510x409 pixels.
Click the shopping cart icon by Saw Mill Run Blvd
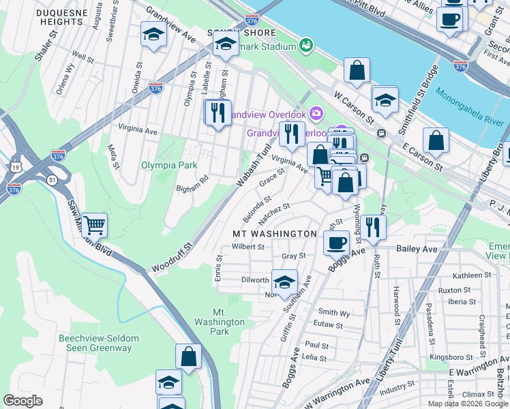pyautogui.click(x=94, y=224)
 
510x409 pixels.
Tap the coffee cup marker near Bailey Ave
pyautogui.click(x=335, y=243)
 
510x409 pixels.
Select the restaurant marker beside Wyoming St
pyautogui.click(x=372, y=226)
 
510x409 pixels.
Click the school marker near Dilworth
pyautogui.click(x=284, y=281)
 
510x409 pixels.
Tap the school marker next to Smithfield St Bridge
pyautogui.click(x=385, y=100)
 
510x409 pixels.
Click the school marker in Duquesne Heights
pyautogui.click(x=154, y=34)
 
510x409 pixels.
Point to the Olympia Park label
pyautogui.click(x=168, y=165)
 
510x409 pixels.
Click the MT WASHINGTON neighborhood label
pyautogui.click(x=275, y=234)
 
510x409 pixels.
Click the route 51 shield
pyautogui.click(x=53, y=179)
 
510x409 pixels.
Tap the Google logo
pyautogui.click(x=23, y=400)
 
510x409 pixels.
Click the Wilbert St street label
pyautogui.click(x=247, y=246)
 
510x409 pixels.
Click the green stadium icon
pyautogui.click(x=307, y=45)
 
